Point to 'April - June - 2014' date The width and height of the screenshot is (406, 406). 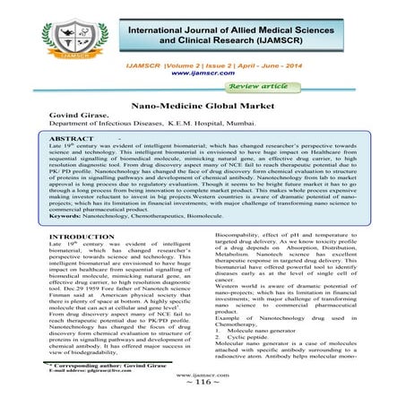(305, 66)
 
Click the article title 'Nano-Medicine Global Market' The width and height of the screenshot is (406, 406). (203, 105)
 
